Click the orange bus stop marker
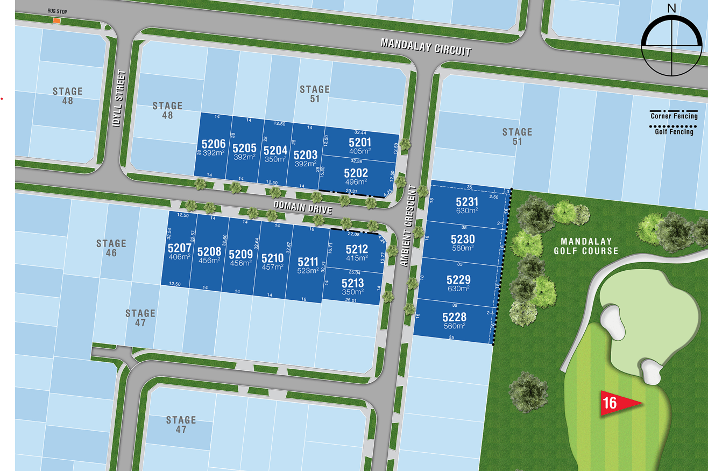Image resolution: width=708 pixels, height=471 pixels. point(56,21)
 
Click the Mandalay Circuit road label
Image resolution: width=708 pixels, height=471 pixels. point(426,47)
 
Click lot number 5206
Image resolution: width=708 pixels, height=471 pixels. point(214,144)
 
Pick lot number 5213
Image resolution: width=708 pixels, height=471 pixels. point(352,283)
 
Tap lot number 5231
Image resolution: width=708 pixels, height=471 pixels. point(466,202)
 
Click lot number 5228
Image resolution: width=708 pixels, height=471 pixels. point(455,317)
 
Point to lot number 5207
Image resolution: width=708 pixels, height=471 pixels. point(180,248)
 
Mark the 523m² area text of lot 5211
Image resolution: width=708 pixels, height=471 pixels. point(308,271)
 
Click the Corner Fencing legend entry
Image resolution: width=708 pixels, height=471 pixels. point(674,116)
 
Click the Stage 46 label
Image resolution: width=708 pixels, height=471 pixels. point(111,248)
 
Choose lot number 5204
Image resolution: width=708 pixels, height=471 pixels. point(275,151)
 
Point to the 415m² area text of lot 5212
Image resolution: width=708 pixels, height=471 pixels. point(357,258)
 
